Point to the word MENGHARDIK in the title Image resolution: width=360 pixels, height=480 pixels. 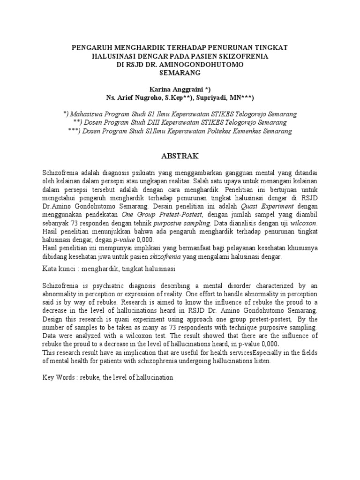coord(130,48)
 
